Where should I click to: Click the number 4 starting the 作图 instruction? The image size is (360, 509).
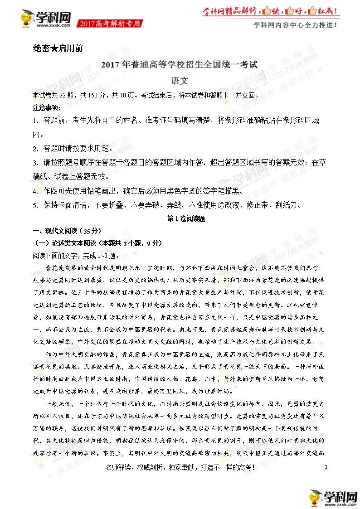point(35,191)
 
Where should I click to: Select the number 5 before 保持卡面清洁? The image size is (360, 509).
point(35,205)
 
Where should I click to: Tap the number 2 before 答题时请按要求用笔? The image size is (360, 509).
point(35,148)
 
